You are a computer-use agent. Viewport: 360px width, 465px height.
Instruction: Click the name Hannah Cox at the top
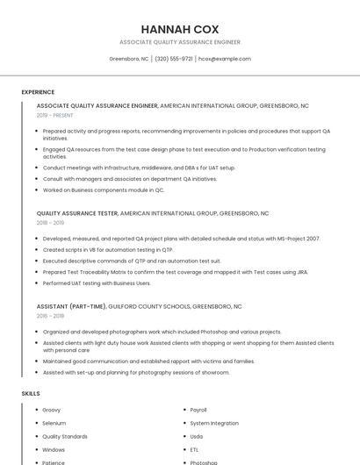pyautogui.click(x=180, y=29)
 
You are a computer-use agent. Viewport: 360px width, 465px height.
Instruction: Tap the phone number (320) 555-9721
pyautogui.click(x=174, y=59)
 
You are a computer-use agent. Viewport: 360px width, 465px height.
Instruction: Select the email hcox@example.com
pyautogui.click(x=225, y=59)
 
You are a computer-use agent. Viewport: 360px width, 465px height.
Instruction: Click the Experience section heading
pyautogui.click(x=38, y=91)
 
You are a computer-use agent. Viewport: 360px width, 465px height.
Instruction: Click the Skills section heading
pyautogui.click(x=31, y=393)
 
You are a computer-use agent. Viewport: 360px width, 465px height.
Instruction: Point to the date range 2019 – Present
pyautogui.click(x=54, y=115)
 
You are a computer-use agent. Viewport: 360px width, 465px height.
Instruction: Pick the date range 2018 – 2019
pyautogui.click(x=50, y=223)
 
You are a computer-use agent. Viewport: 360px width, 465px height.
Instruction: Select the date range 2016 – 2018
pyautogui.click(x=50, y=316)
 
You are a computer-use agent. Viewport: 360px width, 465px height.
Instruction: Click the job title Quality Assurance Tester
pyautogui.click(x=77, y=213)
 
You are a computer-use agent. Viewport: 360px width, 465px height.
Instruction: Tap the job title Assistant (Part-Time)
pyautogui.click(x=71, y=306)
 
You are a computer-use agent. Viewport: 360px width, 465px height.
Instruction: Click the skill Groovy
pyautogui.click(x=51, y=410)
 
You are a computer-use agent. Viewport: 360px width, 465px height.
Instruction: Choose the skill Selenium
pyautogui.click(x=54, y=423)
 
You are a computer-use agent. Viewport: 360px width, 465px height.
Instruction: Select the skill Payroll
pyautogui.click(x=198, y=410)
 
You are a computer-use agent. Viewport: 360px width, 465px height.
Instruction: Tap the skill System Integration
pyautogui.click(x=213, y=423)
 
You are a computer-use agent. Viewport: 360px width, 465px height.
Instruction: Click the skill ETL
pyautogui.click(x=195, y=449)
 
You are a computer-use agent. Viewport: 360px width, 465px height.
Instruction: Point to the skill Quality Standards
pyautogui.click(x=65, y=436)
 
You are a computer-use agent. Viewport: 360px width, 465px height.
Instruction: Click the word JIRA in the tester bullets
pyautogui.click(x=302, y=272)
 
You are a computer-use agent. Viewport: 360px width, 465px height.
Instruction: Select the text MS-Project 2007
pyautogui.click(x=300, y=239)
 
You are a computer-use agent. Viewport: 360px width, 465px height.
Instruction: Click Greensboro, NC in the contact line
pyautogui.click(x=128, y=59)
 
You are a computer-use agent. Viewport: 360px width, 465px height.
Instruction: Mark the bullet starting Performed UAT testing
pyautogui.click(x=97, y=283)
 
